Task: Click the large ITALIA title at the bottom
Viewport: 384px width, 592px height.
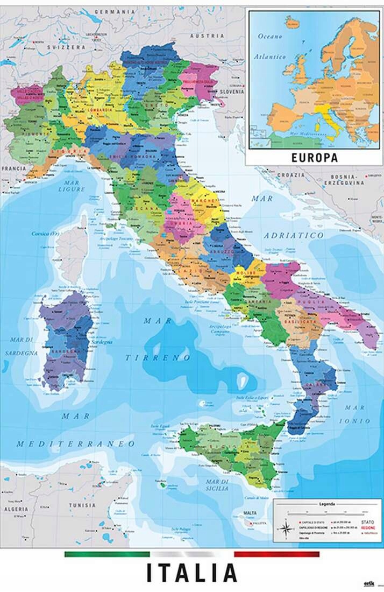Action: [x=191, y=573]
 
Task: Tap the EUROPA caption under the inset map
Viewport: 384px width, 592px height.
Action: [x=314, y=158]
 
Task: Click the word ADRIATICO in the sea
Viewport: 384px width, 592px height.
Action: [x=294, y=236]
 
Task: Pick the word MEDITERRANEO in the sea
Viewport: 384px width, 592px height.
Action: [x=75, y=444]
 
